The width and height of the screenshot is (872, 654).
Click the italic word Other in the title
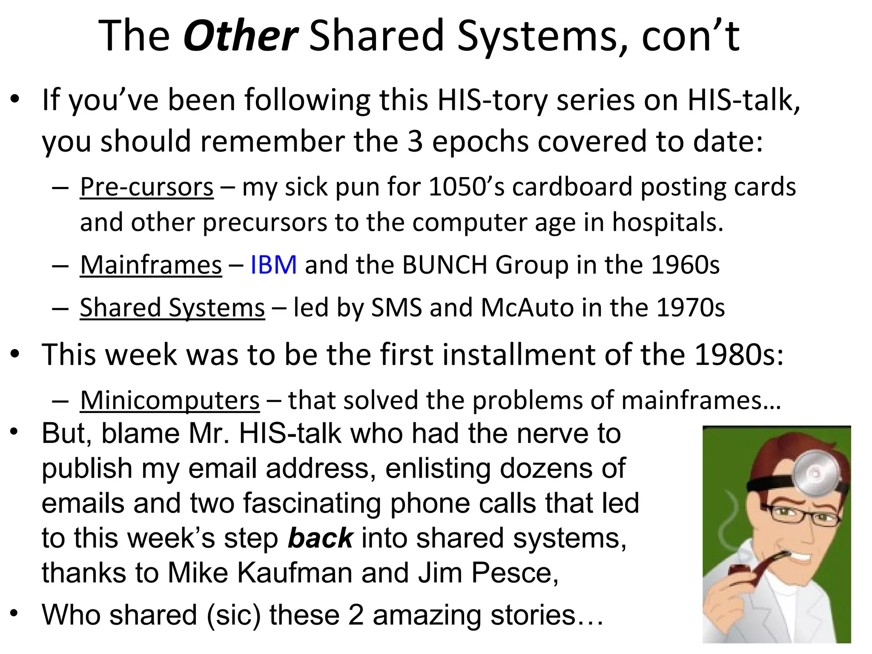coord(240,36)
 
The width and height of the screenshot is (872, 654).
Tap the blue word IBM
coord(273,265)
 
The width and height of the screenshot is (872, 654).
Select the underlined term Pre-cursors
coord(146,187)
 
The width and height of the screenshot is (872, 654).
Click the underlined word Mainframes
coord(151,265)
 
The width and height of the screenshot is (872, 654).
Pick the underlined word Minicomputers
coord(169,401)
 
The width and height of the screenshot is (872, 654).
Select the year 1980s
coord(739,355)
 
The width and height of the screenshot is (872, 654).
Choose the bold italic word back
coord(320,538)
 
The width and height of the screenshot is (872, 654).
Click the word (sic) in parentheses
coord(233,616)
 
